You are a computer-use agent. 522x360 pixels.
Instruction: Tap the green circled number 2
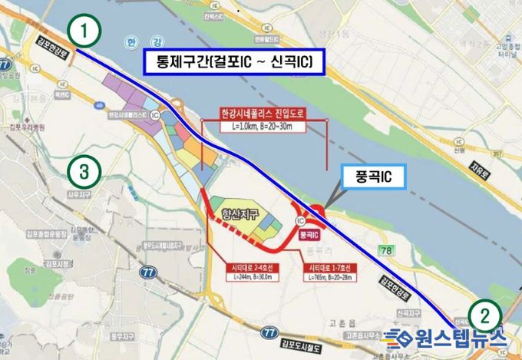484,313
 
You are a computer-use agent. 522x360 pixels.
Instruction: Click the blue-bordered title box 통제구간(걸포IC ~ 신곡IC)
235,63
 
